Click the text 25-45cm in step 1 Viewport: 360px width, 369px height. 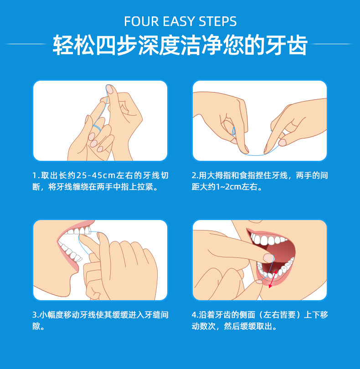tap(96, 175)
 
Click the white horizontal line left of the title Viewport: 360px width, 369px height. tap(25, 44)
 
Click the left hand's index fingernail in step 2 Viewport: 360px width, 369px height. tap(245, 149)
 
